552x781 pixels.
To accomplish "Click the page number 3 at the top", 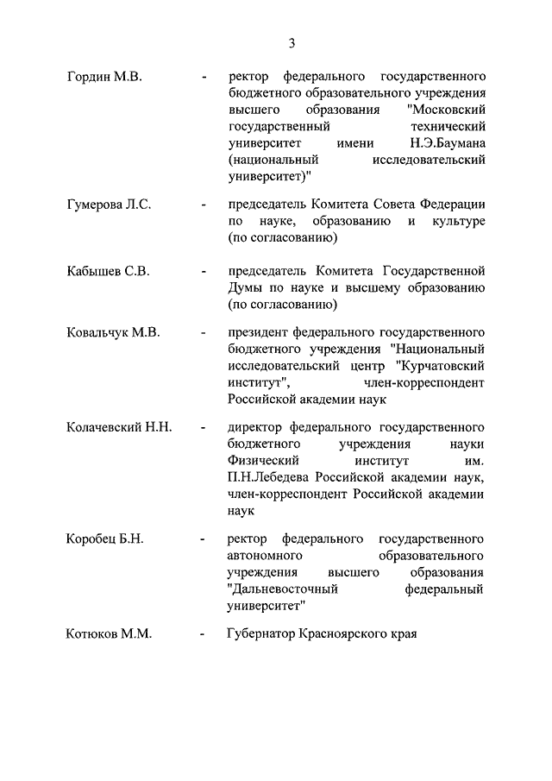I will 292,43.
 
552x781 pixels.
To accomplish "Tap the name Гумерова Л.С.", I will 109,205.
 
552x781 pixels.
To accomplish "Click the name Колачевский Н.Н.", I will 119,426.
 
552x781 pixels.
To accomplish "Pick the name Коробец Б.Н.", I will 104,539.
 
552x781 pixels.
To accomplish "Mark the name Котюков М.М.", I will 109,634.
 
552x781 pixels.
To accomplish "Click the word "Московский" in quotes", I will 446,110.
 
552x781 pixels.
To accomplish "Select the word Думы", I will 246,287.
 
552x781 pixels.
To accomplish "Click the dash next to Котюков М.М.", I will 202,635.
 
